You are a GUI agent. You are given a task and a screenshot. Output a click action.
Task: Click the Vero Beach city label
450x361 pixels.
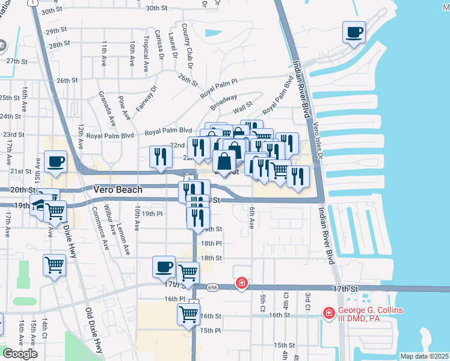tap(118, 190)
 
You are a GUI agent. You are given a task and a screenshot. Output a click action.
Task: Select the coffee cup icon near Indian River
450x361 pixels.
tap(354, 32)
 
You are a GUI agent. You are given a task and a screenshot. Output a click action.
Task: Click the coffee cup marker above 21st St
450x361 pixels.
tap(55, 162)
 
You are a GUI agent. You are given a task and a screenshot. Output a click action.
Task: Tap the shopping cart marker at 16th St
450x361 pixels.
tap(188, 313)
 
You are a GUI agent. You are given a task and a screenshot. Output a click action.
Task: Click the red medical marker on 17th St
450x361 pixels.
tap(241, 282)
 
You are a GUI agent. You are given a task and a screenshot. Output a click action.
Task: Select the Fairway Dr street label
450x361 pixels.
tap(146, 98)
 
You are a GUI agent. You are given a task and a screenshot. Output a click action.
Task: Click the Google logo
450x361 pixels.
tap(19, 353)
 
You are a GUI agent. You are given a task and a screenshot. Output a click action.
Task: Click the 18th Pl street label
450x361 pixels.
tap(211, 243)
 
